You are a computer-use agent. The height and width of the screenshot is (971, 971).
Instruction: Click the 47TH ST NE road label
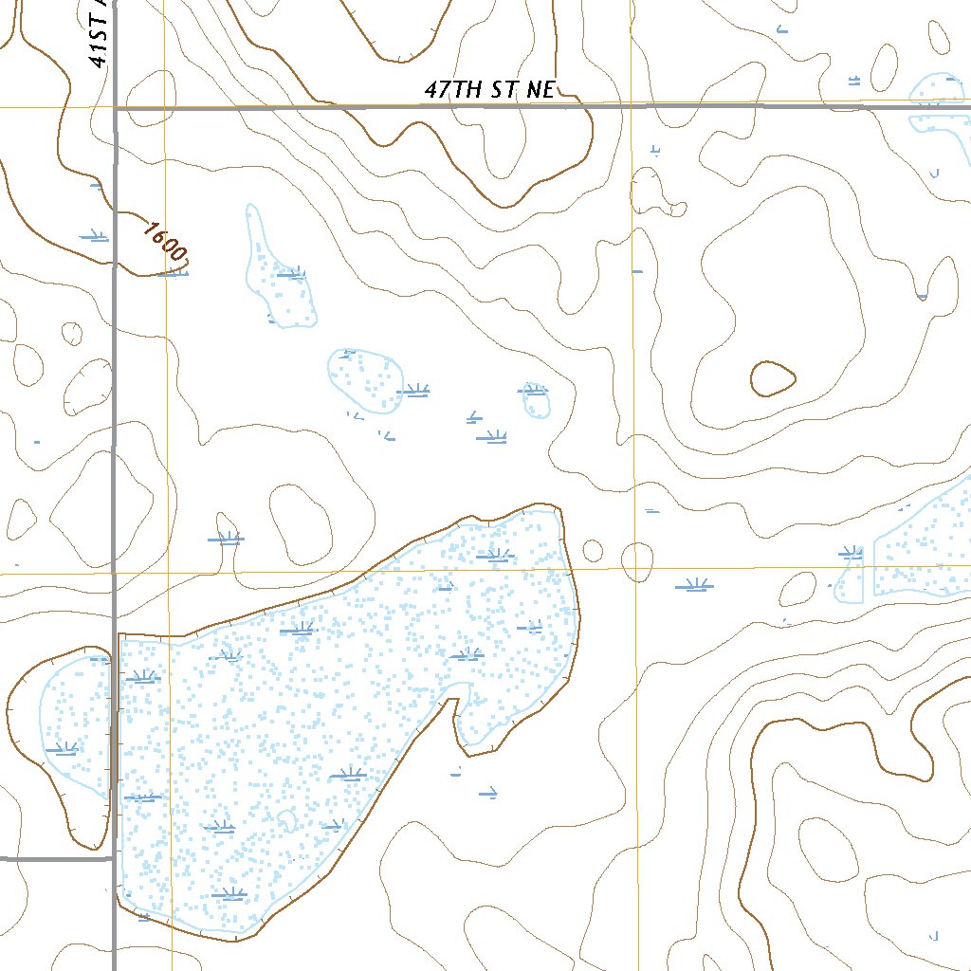point(488,91)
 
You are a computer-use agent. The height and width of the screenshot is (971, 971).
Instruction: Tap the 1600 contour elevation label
point(165,241)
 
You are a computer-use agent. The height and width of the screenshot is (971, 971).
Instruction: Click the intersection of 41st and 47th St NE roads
point(115,109)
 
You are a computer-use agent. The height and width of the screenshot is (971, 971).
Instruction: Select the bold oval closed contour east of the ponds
point(772,379)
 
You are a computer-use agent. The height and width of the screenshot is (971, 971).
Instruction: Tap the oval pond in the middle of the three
point(365,381)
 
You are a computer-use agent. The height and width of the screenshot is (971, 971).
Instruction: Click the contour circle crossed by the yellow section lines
point(637,561)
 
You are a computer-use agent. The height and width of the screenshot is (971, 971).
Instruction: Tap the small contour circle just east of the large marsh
point(593,550)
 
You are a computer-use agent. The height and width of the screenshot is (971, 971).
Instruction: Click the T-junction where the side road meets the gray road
point(115,859)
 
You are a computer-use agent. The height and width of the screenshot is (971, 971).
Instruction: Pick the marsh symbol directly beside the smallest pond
point(533,389)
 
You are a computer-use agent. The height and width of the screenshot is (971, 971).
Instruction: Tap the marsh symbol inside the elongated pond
point(292,275)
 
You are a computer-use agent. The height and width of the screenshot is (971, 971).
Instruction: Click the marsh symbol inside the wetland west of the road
point(62,749)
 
